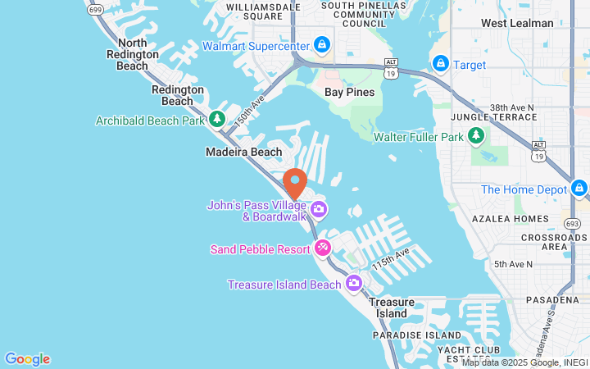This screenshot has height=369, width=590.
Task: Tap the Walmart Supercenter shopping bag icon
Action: (x=323, y=44)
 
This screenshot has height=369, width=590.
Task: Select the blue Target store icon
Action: (x=440, y=63)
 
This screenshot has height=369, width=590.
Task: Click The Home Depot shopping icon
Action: (x=579, y=189)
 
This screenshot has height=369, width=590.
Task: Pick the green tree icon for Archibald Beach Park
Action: (x=217, y=120)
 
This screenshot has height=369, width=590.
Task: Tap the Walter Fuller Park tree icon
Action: (x=476, y=136)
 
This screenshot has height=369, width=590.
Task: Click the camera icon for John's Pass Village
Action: (x=318, y=210)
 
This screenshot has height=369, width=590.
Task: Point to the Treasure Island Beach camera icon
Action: (x=353, y=284)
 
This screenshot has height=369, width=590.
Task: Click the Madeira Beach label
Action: (x=243, y=152)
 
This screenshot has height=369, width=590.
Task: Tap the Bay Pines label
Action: (x=349, y=92)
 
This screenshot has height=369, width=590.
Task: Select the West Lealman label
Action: (x=516, y=23)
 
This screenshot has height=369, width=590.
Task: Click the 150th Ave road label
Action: (x=249, y=108)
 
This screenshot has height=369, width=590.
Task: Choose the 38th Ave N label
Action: (x=511, y=107)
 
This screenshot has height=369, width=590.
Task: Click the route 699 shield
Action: (x=94, y=10)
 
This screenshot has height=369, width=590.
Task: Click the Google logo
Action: (x=27, y=359)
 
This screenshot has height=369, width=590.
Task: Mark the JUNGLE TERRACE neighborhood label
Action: (x=503, y=118)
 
